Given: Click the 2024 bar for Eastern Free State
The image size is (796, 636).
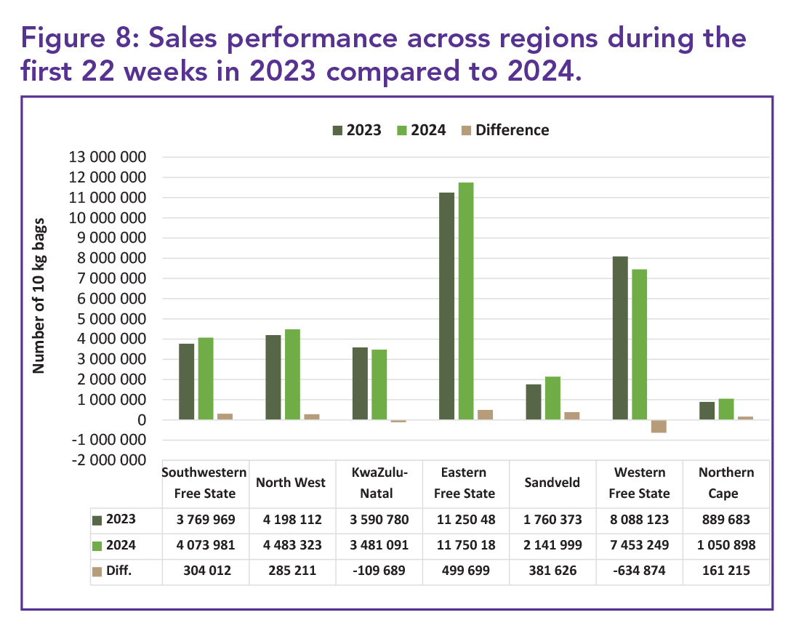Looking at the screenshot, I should click(x=466, y=301).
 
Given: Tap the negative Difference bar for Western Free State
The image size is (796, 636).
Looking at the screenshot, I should click(x=659, y=426).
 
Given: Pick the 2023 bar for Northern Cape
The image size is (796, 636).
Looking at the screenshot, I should click(x=707, y=411).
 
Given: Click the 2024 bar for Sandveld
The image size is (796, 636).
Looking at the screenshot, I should click(x=552, y=398).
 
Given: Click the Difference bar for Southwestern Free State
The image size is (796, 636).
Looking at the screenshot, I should click(x=225, y=416).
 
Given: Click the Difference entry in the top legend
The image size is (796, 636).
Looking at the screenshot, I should click(x=511, y=130).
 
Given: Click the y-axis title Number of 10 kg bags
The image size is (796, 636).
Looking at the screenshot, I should click(x=39, y=295).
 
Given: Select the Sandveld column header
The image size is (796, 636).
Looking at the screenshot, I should click(x=552, y=483).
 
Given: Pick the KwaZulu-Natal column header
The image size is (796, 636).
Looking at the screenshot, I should click(x=378, y=483).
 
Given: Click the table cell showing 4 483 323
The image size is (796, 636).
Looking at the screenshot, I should click(x=292, y=545).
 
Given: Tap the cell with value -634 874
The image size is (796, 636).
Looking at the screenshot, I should click(x=639, y=571).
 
